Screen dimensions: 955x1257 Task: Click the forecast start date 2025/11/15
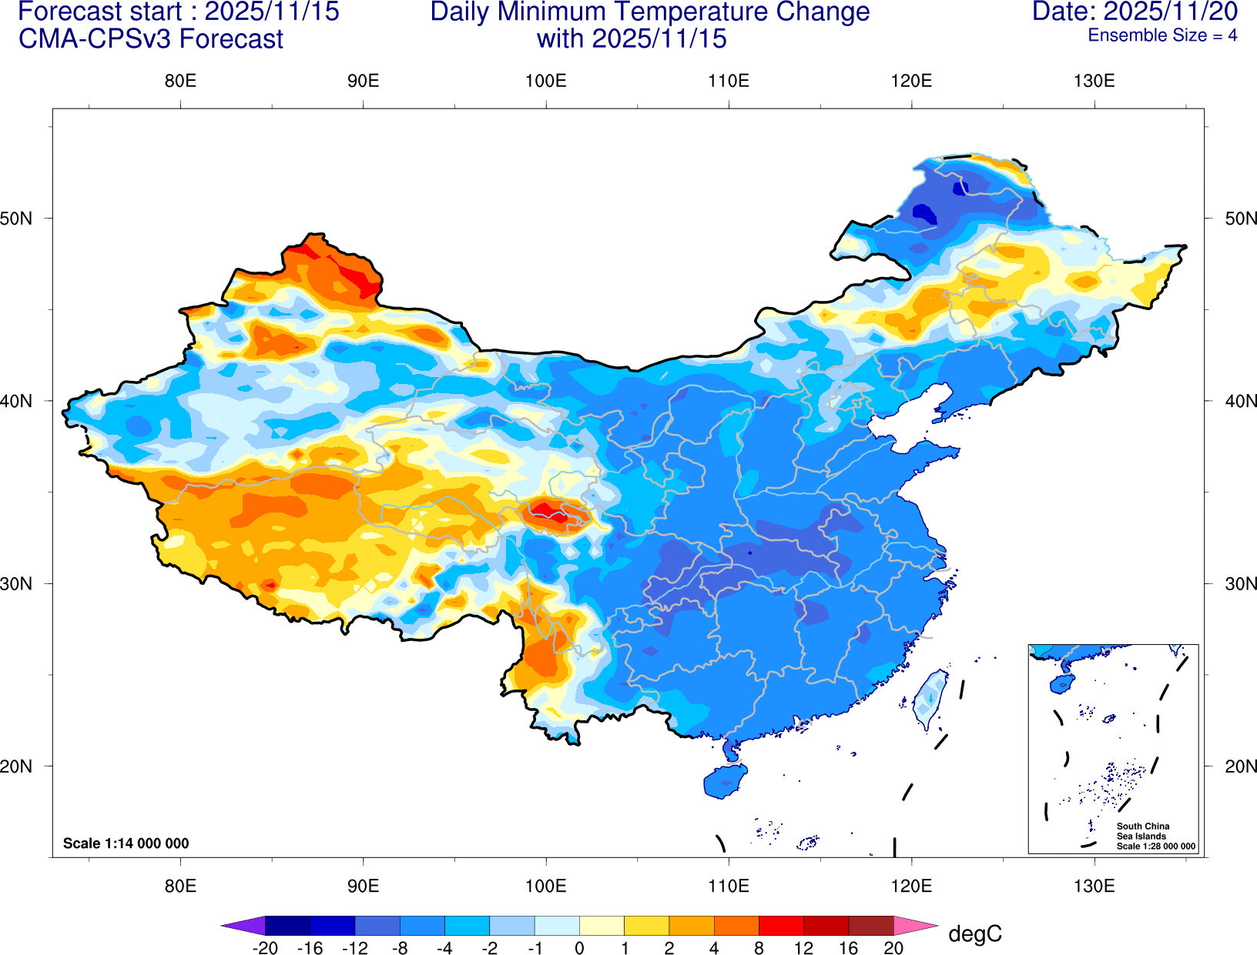[x=271, y=12]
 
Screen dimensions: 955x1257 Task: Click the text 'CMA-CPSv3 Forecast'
[x=151, y=38]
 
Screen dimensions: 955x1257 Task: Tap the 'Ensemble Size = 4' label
[x=1162, y=35]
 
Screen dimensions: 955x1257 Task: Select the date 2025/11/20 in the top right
[x=1171, y=12]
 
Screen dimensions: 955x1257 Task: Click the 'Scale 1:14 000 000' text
[x=126, y=843]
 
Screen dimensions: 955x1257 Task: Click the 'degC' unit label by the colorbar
[x=974, y=934]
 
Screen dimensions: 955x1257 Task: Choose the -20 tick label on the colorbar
[x=265, y=948]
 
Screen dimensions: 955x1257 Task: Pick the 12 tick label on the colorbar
[x=803, y=948]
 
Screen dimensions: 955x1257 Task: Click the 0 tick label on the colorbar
[x=579, y=948]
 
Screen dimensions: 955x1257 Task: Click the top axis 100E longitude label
[x=545, y=82]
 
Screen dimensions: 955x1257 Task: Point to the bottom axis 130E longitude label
[x=1094, y=886]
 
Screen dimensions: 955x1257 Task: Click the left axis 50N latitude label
[x=17, y=218]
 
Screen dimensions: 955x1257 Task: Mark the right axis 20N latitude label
[x=1240, y=766]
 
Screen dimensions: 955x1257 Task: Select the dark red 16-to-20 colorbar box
[x=871, y=925]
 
